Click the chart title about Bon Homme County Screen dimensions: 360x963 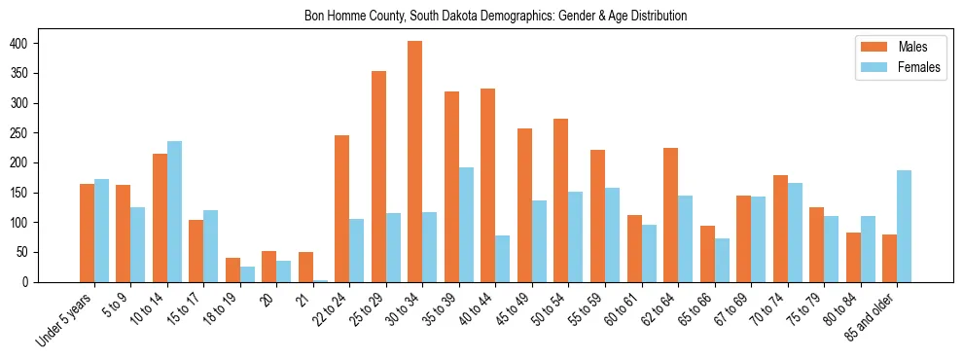coord(481,16)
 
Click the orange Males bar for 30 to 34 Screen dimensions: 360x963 coord(415,162)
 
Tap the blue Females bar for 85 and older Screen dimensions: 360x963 coord(904,227)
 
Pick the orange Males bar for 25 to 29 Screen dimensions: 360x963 coord(378,176)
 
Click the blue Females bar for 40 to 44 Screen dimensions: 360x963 coord(503,259)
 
